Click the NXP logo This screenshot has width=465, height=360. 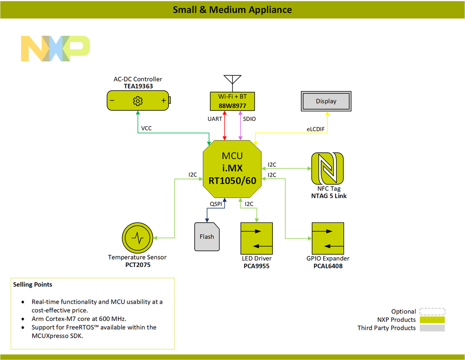click(x=55, y=48)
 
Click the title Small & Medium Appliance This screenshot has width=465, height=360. click(x=232, y=10)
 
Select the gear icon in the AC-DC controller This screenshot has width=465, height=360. click(x=137, y=100)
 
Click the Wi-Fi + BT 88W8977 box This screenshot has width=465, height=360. click(x=232, y=101)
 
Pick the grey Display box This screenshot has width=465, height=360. click(x=326, y=101)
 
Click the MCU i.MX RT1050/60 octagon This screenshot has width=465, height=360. click(x=232, y=168)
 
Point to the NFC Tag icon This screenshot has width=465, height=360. click(x=327, y=168)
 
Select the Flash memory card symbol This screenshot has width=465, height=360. click(x=207, y=237)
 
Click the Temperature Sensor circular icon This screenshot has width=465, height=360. click(x=137, y=238)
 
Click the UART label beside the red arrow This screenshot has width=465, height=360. click(x=215, y=119)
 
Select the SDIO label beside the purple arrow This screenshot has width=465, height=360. click(x=249, y=119)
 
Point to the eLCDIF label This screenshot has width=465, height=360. click(x=315, y=129)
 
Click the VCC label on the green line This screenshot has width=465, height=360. click(x=147, y=127)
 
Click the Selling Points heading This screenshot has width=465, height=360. click(x=33, y=284)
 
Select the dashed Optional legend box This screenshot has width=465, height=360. click(x=431, y=312)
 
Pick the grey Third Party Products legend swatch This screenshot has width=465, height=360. click(x=431, y=328)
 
